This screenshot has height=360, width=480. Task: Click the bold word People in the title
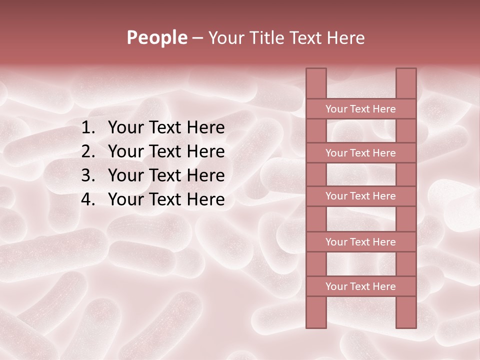tap(156, 38)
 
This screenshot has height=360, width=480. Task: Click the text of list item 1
tap(166, 128)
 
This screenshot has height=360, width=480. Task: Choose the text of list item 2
tap(166, 151)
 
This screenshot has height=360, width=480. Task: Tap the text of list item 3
tap(166, 175)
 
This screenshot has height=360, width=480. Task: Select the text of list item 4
tap(166, 199)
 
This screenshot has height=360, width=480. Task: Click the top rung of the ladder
tap(360, 109)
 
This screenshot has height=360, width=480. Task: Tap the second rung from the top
tap(360, 153)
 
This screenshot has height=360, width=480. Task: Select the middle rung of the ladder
tap(360, 196)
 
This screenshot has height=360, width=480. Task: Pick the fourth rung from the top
tap(360, 242)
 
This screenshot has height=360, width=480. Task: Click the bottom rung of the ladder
tap(360, 286)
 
